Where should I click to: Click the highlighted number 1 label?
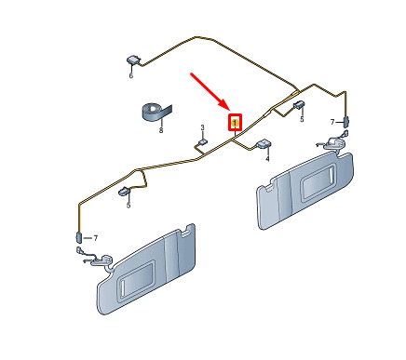tap(236, 123)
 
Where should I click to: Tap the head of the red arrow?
tap(230, 110)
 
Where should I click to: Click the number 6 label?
tap(130, 75)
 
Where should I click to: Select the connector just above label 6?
tap(133, 60)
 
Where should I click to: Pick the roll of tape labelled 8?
tap(156, 111)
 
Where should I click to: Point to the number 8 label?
tap(161, 130)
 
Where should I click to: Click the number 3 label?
tap(202, 127)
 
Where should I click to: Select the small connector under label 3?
tap(202, 142)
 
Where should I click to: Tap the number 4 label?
tap(267, 159)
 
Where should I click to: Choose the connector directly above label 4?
tap(263, 144)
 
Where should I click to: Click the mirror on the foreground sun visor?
tap(136, 278)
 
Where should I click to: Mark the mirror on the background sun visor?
tap(318, 182)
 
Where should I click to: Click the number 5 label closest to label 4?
tap(302, 119)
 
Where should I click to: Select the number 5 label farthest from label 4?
tap(129, 205)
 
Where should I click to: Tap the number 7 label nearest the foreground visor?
tap(96, 238)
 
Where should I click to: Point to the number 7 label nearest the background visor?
tap(332, 122)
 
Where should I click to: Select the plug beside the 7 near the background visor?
tap(345, 122)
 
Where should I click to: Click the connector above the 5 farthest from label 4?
tap(125, 192)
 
